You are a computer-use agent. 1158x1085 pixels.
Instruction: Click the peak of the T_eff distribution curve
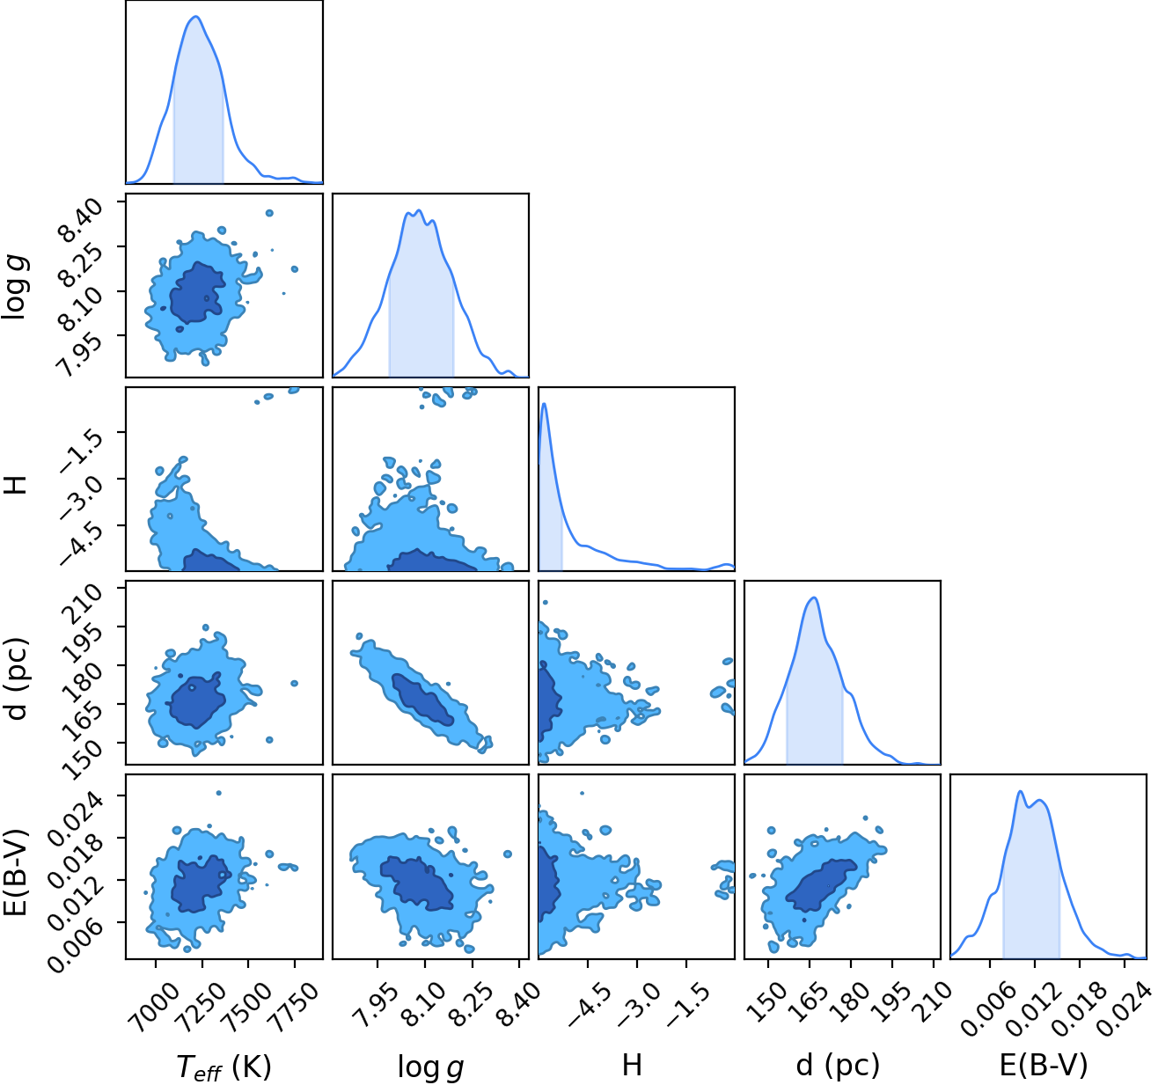196,17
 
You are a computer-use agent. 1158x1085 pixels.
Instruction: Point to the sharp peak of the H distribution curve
544,404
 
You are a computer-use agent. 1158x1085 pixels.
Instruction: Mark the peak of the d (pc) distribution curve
814,597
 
